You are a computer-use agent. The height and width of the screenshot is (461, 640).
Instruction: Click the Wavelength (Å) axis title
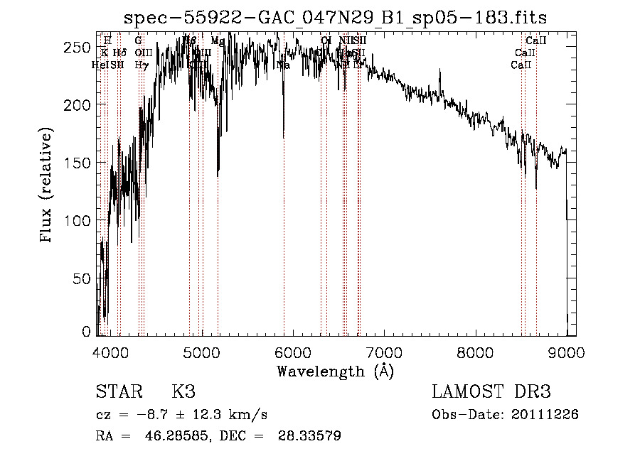click(335, 371)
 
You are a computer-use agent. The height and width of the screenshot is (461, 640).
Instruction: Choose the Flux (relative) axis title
click(48, 186)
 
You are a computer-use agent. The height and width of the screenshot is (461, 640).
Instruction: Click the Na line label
click(283, 65)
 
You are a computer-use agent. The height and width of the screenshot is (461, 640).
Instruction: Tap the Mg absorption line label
click(218, 41)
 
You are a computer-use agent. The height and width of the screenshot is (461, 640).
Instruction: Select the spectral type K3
click(183, 392)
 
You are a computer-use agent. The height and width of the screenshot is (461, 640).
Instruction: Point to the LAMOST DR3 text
click(491, 392)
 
